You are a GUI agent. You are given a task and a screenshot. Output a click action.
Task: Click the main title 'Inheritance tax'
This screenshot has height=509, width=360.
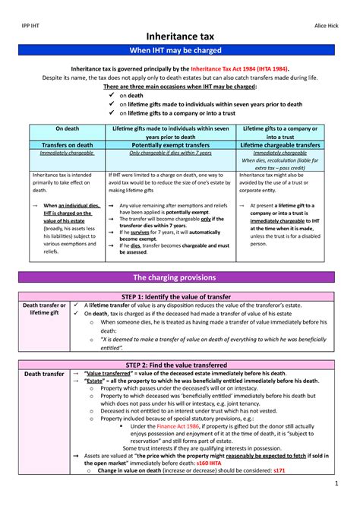(x=180, y=36)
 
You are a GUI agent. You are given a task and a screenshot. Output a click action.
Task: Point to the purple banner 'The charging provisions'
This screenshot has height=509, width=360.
(x=180, y=277)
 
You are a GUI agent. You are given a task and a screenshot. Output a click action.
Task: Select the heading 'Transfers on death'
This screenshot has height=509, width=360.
(x=66, y=144)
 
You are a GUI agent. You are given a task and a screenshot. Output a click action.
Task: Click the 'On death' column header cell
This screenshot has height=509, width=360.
(x=66, y=129)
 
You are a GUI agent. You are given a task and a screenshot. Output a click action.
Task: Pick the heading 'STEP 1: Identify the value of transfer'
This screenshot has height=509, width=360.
(x=180, y=296)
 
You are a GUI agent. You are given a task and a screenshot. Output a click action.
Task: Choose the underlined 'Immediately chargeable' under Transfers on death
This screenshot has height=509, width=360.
(x=66, y=153)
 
